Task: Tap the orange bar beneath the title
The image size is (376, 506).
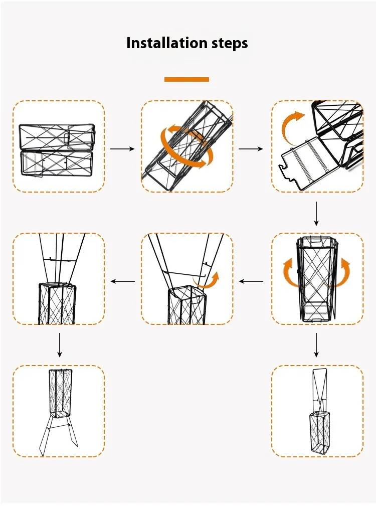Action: pos(186,79)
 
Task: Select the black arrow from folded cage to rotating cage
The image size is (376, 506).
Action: pos(122,149)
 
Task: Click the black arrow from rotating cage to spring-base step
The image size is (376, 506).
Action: pos(251,149)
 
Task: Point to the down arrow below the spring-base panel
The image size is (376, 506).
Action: pos(316,214)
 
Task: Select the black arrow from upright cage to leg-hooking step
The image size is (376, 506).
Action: pos(251,281)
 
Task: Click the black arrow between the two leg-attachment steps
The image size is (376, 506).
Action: pos(122,281)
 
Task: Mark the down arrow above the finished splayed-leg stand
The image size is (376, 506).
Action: pos(60,346)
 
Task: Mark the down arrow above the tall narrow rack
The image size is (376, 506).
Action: pos(316,346)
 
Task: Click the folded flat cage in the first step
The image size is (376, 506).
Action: pos(57,150)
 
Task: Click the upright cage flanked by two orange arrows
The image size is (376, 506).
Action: pos(316,279)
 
